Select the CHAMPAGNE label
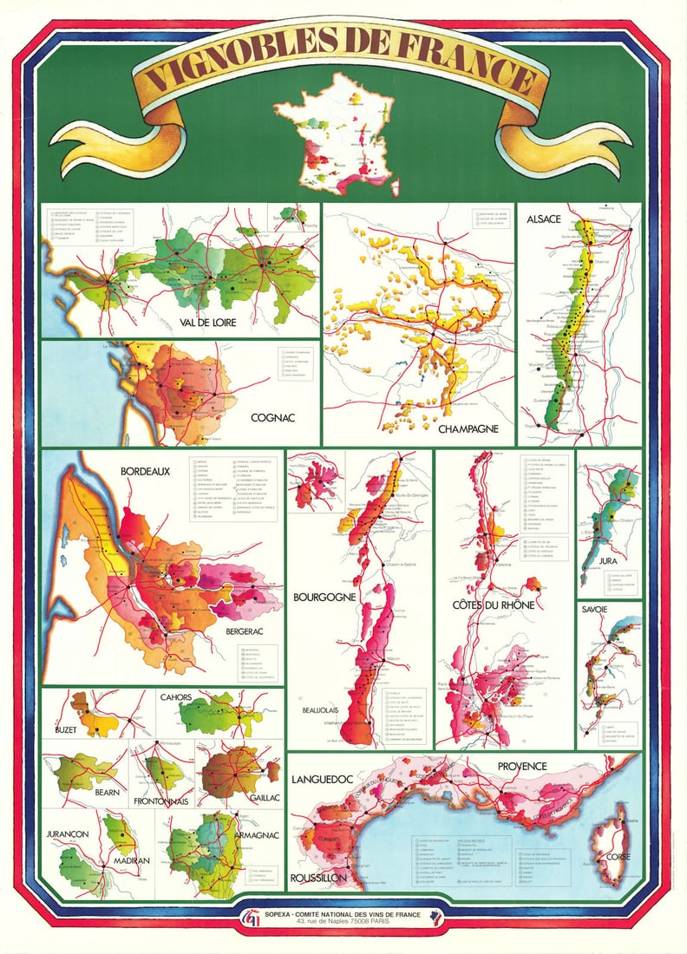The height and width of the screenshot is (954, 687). (x=468, y=428)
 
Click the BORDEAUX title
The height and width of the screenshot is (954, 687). (x=142, y=471)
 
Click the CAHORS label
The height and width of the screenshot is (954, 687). (x=177, y=696)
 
